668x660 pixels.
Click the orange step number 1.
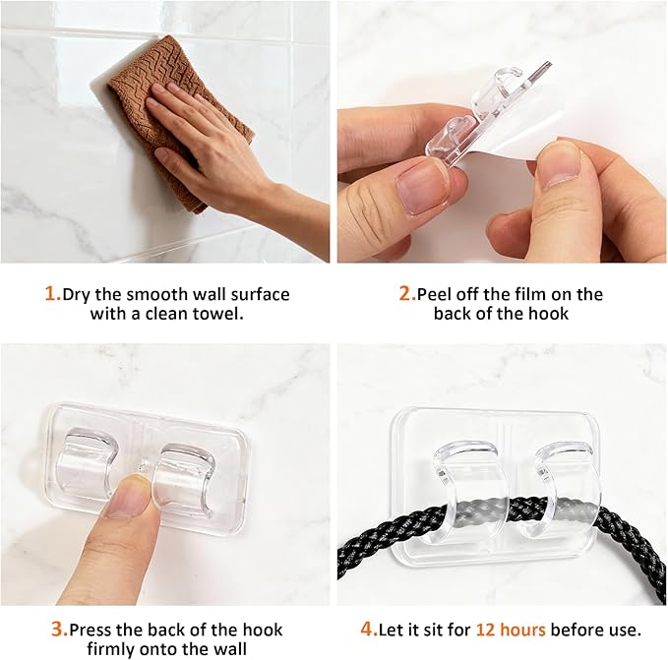(52, 294)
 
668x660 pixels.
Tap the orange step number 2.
(407, 294)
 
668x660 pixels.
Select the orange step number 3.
(59, 630)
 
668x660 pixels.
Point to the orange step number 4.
(369, 630)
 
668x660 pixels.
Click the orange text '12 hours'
(511, 630)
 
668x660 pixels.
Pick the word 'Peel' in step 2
(435, 294)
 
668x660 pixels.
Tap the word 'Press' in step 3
(91, 630)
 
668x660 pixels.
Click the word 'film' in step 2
(533, 294)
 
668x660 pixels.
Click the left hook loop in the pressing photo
(87, 461)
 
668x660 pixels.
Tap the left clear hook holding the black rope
(467, 490)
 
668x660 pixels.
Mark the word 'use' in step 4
(624, 630)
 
